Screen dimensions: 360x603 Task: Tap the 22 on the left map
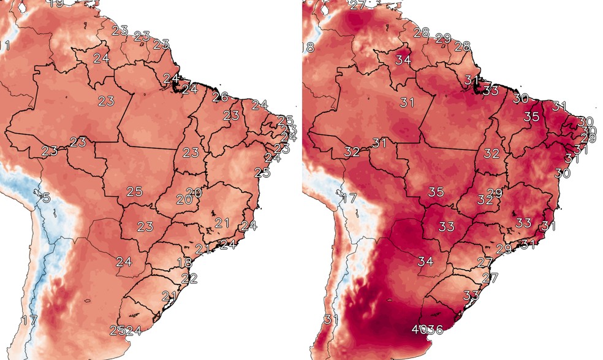(x=189, y=278)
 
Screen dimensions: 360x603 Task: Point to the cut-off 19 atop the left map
(x=56, y=4)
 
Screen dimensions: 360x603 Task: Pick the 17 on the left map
(x=29, y=320)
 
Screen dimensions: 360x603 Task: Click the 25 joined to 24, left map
(x=117, y=331)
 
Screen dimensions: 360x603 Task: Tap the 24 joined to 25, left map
(x=134, y=331)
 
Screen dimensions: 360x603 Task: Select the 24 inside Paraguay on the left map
(x=124, y=262)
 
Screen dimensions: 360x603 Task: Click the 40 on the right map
(x=420, y=330)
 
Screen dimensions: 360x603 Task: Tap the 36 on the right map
(x=434, y=330)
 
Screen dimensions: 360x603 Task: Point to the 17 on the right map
(x=348, y=198)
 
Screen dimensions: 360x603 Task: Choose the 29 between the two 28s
(x=442, y=39)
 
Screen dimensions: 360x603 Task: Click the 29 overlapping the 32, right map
(x=495, y=193)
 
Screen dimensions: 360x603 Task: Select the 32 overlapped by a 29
(x=485, y=199)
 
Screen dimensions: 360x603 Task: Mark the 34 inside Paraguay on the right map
(x=425, y=262)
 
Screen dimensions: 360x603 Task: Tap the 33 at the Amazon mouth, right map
(x=490, y=90)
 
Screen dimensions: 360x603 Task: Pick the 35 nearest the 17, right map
(x=436, y=192)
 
